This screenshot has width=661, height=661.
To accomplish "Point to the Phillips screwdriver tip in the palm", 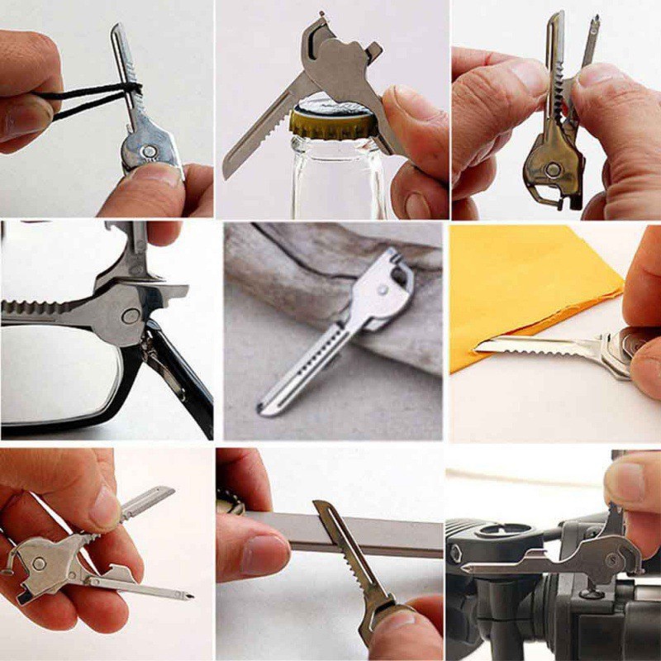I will point(187,593).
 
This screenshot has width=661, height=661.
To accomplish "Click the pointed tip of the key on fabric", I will point(263,410).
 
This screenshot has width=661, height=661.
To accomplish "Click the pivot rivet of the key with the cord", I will point(146,152).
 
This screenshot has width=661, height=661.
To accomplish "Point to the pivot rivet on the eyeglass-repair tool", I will point(130,316).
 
